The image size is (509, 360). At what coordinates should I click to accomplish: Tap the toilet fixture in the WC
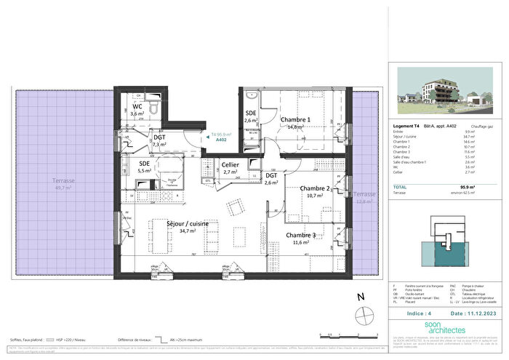153,108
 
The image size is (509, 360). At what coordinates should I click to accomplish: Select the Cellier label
231,167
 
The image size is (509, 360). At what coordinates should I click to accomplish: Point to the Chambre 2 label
316,188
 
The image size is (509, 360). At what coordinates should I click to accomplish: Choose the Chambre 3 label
300,236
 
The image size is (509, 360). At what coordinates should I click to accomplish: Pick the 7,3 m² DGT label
160,140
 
